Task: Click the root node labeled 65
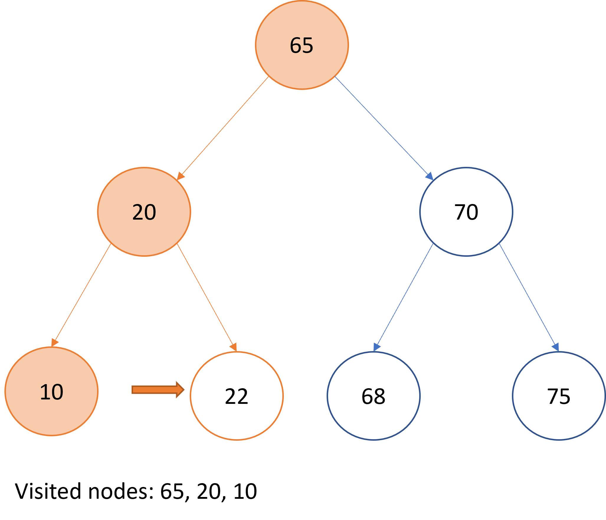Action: pos(302,45)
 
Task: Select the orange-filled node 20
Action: pos(144,212)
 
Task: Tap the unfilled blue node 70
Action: pos(466,212)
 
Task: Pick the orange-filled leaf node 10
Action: pos(51,391)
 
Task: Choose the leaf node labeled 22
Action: pos(237,396)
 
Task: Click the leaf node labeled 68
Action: pos(374,396)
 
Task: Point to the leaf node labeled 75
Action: pos(559,396)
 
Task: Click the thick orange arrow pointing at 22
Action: pos(158,390)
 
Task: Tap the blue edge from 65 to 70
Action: pos(384,128)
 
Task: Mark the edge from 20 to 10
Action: pos(81,295)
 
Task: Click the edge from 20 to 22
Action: pos(207,297)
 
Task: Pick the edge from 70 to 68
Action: pos(403,297)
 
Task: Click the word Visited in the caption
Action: pos(48,491)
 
